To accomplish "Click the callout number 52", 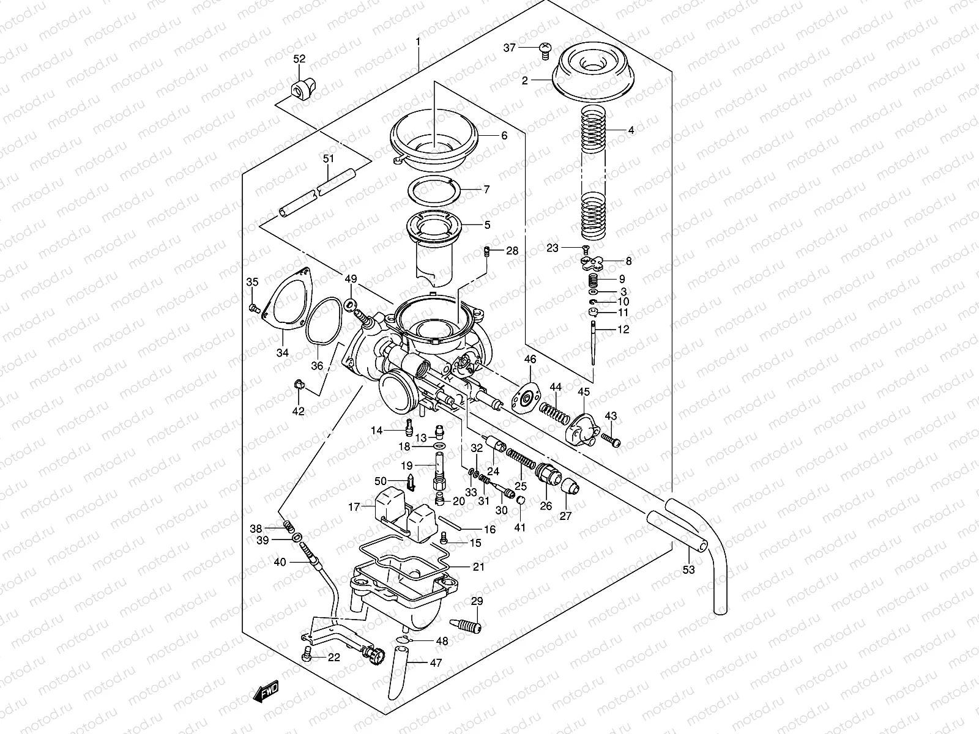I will [x=299, y=59].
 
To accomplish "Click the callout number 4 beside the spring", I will [x=631, y=130].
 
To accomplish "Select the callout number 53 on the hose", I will [x=689, y=569].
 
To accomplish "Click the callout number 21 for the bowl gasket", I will [x=478, y=567].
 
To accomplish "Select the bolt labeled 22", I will [x=307, y=656].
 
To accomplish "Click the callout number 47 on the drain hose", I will [x=436, y=662].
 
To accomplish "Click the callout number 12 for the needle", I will [x=623, y=330].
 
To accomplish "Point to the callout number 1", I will [x=418, y=42].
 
